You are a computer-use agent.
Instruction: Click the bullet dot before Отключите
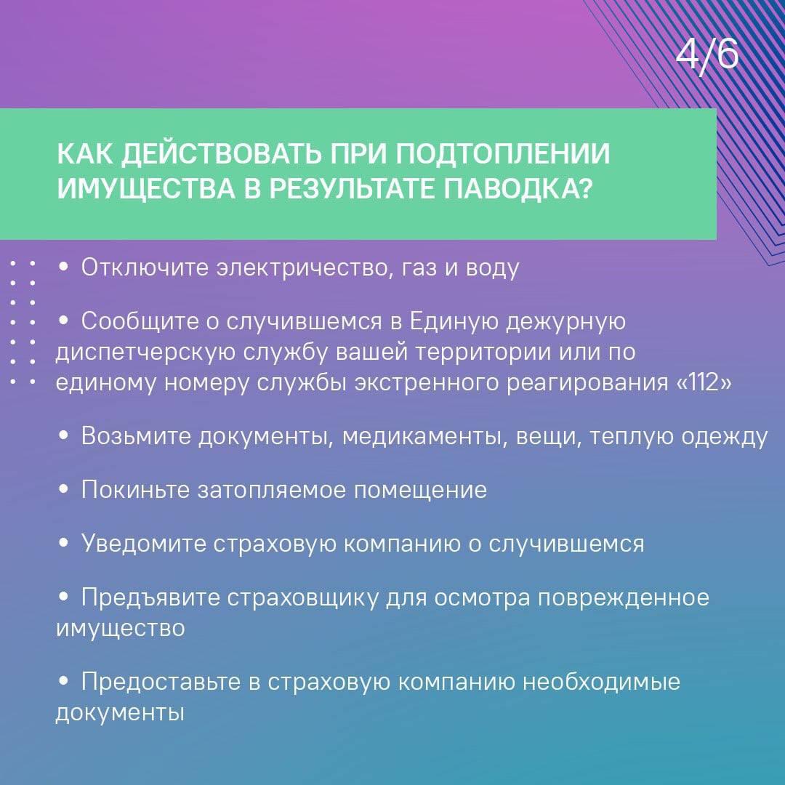tap(63, 267)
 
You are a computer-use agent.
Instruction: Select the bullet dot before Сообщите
tap(63, 321)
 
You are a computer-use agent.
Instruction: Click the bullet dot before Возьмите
tap(63, 436)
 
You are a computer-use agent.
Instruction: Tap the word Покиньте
tap(136, 489)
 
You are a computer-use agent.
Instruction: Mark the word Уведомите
tap(144, 543)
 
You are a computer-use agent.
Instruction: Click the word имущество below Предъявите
tap(120, 628)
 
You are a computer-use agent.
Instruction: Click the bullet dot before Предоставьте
tap(63, 681)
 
